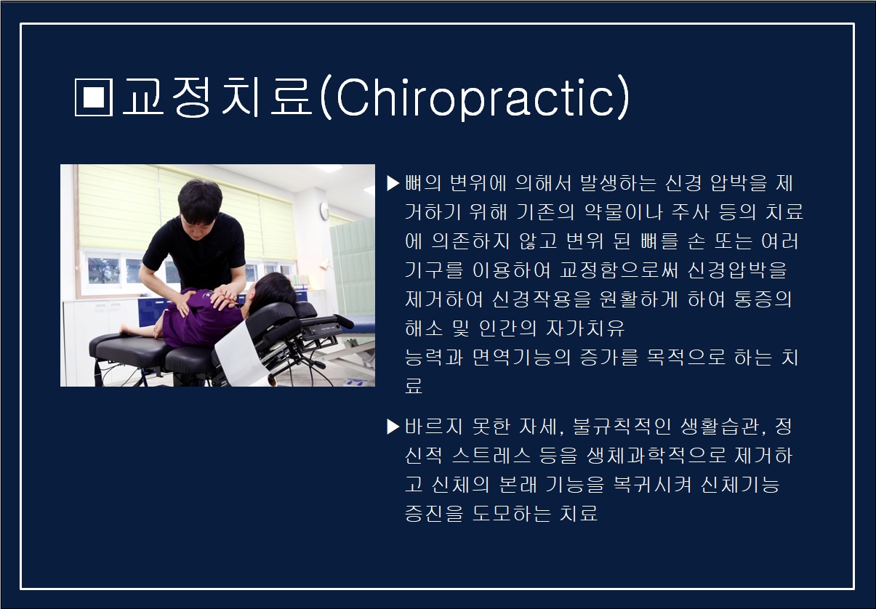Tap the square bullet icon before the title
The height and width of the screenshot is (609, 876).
[94, 97]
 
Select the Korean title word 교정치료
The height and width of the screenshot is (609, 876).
[218, 97]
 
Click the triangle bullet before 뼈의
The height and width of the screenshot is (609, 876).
[393, 183]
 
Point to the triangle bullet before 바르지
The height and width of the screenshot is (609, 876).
[393, 427]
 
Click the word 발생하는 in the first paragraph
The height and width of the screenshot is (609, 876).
[618, 183]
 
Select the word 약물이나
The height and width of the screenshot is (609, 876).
[623, 212]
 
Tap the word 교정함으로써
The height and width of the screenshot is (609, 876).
[618, 270]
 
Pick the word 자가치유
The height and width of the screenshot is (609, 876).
[585, 328]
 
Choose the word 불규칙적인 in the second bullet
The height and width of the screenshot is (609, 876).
[622, 427]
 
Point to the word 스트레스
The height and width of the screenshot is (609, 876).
[491, 456]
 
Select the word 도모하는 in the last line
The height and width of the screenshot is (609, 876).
[511, 513]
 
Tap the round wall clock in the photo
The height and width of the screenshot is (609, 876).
[324, 211]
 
